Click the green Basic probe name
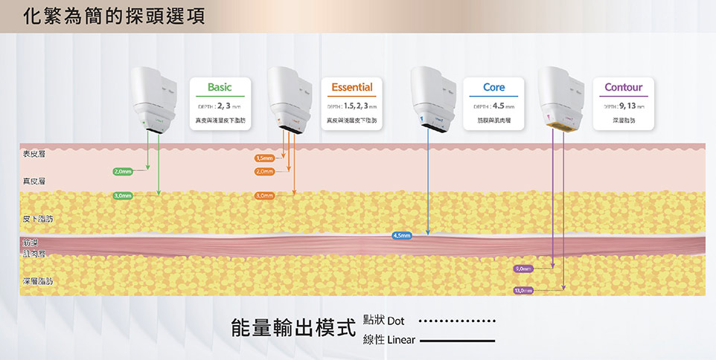point(220,88)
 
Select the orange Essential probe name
point(352,88)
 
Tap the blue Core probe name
point(493,88)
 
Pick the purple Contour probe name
point(623,88)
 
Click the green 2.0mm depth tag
point(123,172)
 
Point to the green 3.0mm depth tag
point(123,196)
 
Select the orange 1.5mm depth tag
point(264,158)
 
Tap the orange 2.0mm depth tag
point(264,172)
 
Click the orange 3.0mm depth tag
point(264,196)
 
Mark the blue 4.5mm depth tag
point(401,236)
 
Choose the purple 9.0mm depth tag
point(523,268)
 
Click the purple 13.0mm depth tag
point(523,290)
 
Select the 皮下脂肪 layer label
point(38,219)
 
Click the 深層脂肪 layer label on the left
point(38,282)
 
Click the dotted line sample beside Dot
point(457,322)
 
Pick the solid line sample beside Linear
point(457,341)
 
